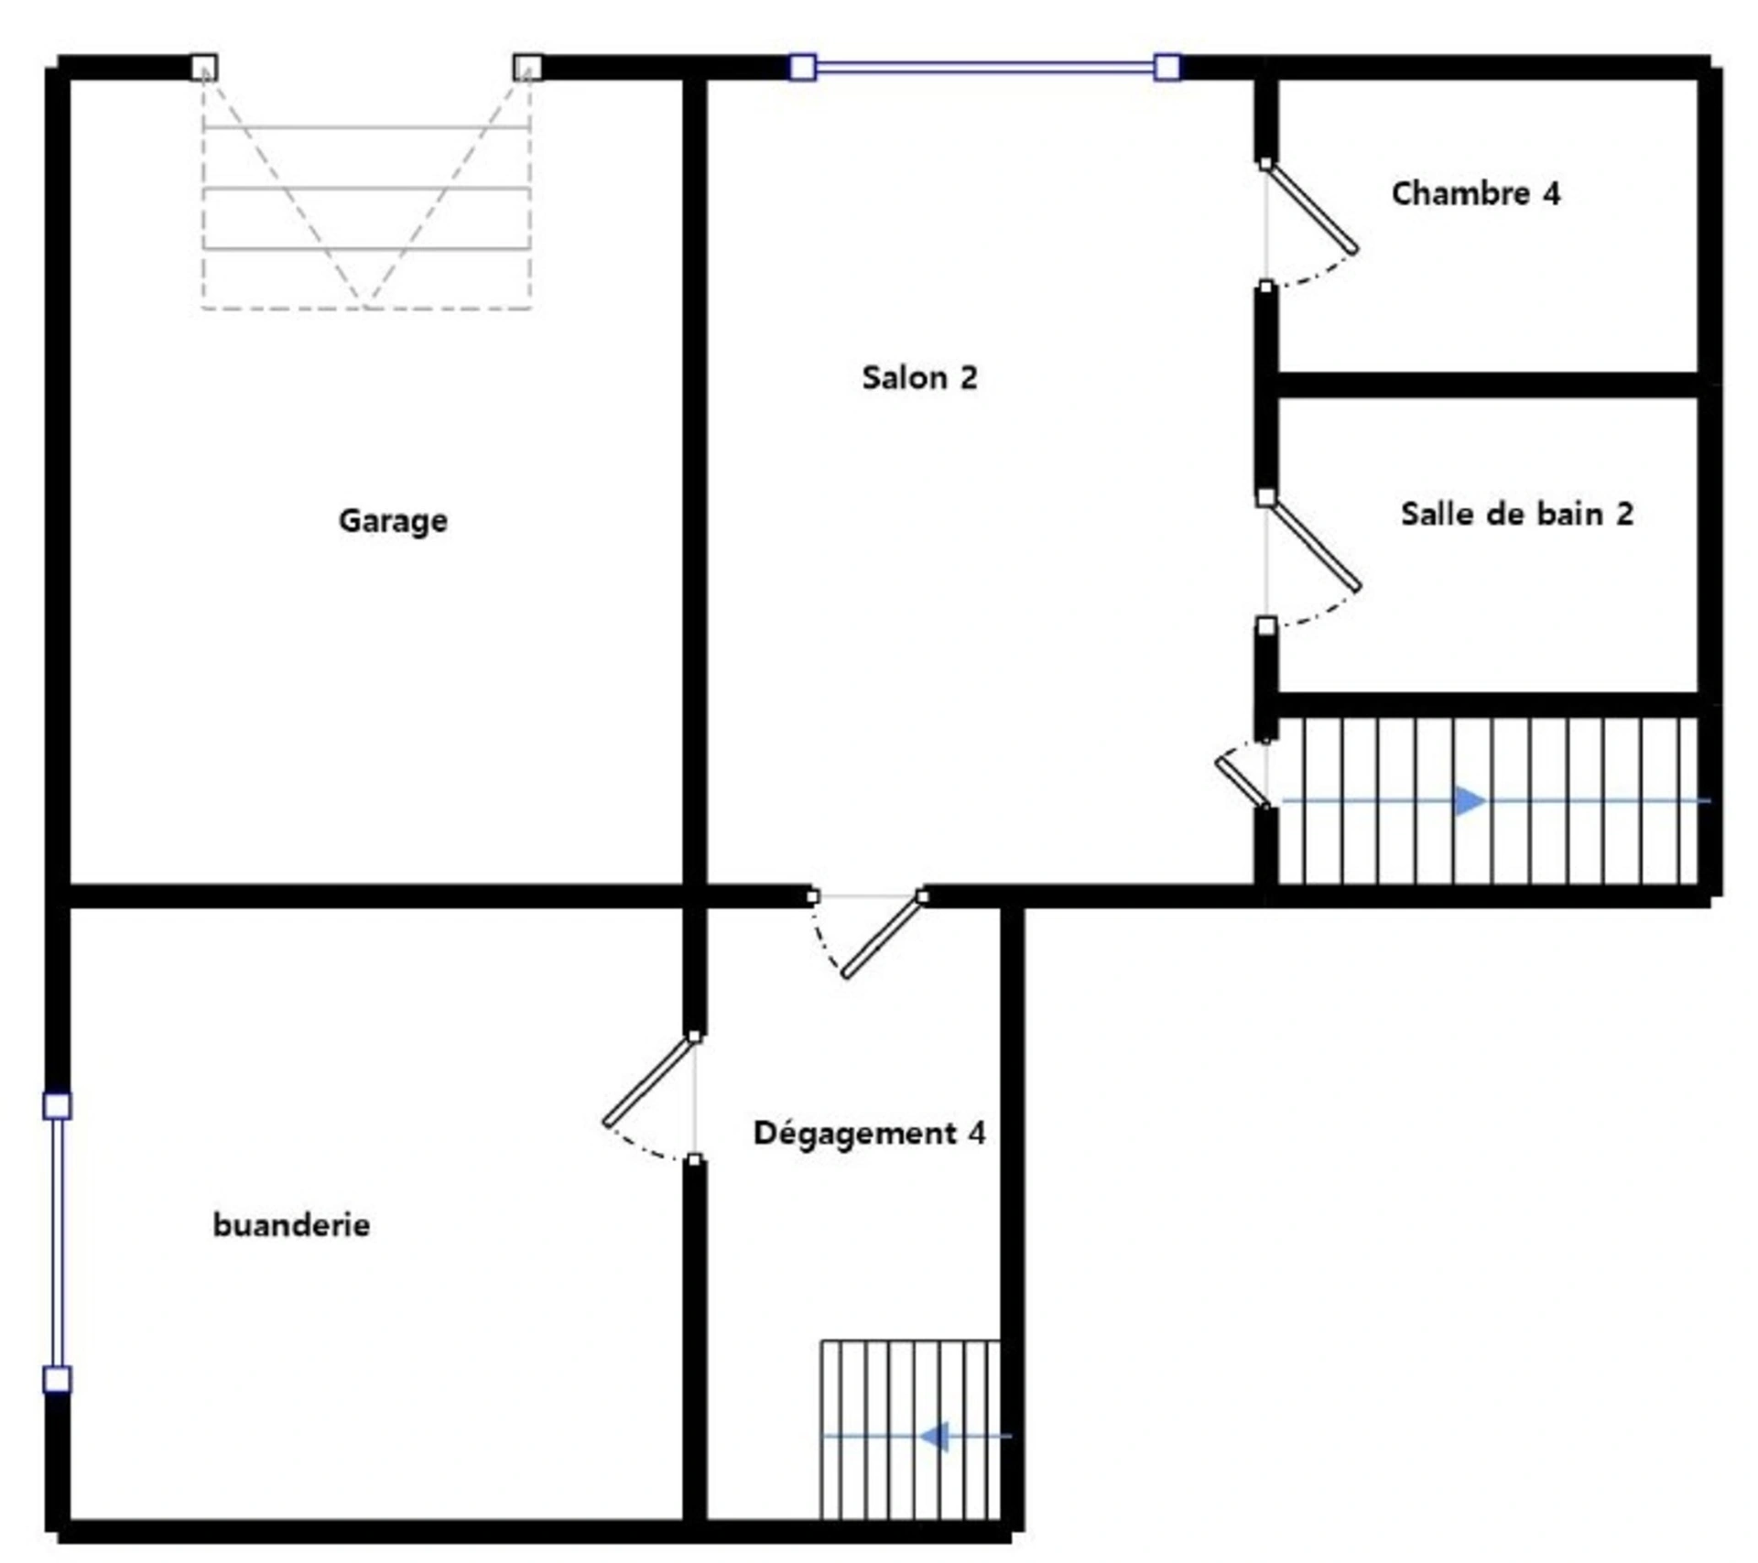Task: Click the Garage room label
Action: [x=393, y=521]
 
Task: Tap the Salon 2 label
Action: [x=919, y=377]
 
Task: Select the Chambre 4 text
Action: [x=1475, y=193]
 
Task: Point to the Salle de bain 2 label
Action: [x=1516, y=514]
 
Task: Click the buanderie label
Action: [x=291, y=1224]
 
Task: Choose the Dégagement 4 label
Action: [x=869, y=1133]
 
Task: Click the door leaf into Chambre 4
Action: [x=1310, y=207]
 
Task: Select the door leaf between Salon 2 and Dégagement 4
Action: [x=883, y=937]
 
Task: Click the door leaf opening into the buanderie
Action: [x=649, y=1080]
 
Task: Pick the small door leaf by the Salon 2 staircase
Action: [x=1243, y=780]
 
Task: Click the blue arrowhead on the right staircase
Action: [x=1470, y=800]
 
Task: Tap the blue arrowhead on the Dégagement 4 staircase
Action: [x=934, y=1437]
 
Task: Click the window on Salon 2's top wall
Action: [x=984, y=67]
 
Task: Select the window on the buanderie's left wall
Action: [x=57, y=1243]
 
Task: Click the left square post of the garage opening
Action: [x=204, y=68]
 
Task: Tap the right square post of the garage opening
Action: [x=526, y=68]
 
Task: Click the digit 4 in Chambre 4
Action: [x=1551, y=193]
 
